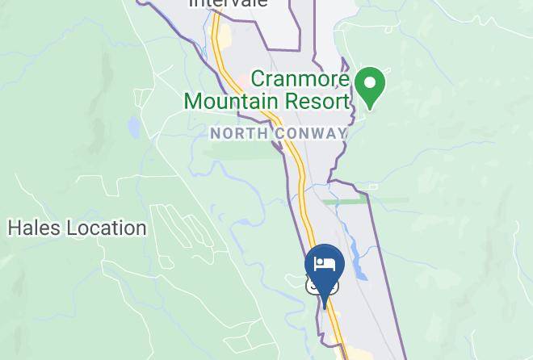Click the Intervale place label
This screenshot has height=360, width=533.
[228, 3]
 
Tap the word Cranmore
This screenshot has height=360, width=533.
[300, 80]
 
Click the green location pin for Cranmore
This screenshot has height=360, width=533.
[370, 87]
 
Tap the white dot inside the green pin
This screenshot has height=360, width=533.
[370, 82]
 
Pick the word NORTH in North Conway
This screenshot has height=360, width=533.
[236, 133]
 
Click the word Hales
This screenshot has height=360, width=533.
[34, 228]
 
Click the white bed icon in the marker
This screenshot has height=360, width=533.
[325, 263]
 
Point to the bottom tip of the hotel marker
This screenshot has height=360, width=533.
[325, 306]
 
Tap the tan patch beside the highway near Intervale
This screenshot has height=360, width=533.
[225, 36]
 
